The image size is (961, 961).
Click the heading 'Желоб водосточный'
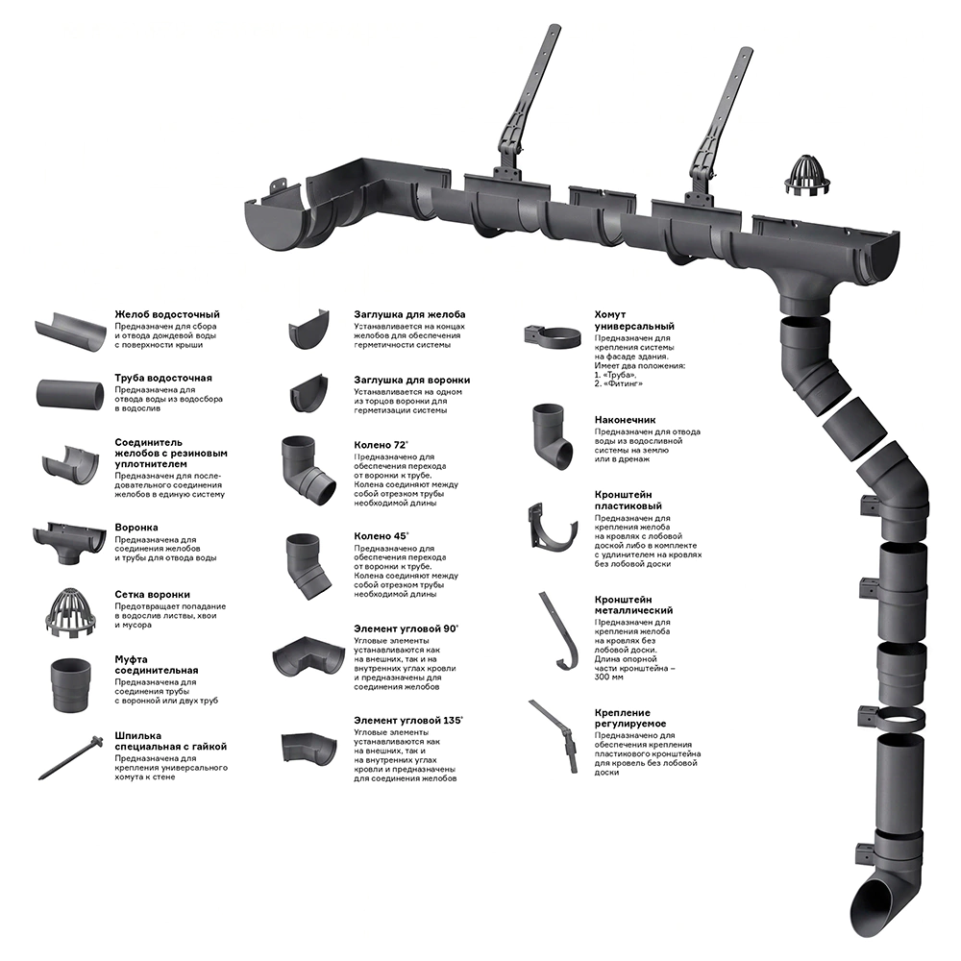pos(166,314)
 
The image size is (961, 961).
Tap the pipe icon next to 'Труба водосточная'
pos(70,393)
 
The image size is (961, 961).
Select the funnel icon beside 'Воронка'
pos(68,541)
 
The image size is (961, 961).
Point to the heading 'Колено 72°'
pos(382,445)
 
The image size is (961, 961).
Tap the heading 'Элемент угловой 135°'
pos(408,721)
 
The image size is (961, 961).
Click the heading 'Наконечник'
pos(625,420)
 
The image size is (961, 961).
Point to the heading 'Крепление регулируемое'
pos(630,718)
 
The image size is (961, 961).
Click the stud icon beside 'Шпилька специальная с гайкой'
pos(70,757)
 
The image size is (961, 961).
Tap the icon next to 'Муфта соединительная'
pos(70,685)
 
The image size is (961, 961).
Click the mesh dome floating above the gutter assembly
pos(808,177)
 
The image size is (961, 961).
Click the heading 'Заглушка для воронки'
pos(412,380)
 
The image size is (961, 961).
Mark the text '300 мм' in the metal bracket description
pos(608,678)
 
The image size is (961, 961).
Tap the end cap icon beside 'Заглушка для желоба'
pos(309,330)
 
